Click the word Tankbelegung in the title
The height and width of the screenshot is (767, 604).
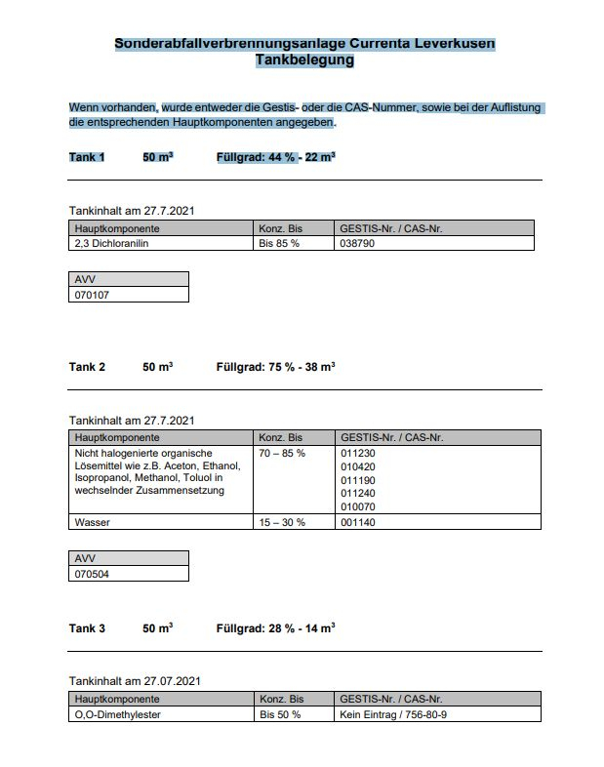pos(304,61)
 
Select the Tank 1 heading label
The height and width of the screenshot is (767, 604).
pos(87,157)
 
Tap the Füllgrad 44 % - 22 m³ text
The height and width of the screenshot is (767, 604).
pos(275,157)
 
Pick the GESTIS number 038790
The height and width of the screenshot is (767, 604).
pos(357,244)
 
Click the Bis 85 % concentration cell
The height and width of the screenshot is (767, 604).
pos(279,244)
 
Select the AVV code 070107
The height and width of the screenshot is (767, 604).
pos(94,294)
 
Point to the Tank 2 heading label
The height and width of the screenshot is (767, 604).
pos(87,367)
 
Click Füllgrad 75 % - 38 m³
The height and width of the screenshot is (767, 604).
pos(275,367)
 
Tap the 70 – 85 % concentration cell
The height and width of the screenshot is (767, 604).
pos(282,454)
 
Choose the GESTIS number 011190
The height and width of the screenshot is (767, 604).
pos(357,479)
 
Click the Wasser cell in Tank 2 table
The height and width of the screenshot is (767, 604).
pos(93,522)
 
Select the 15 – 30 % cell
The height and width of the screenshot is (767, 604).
pos(282,522)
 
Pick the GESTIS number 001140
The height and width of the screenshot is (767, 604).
pos(357,522)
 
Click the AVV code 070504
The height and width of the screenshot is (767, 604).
pos(94,573)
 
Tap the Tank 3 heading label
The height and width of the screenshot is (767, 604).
pos(87,628)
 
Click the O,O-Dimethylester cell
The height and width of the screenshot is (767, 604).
pos(117,714)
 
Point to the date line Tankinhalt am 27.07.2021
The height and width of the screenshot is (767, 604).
pos(135,680)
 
